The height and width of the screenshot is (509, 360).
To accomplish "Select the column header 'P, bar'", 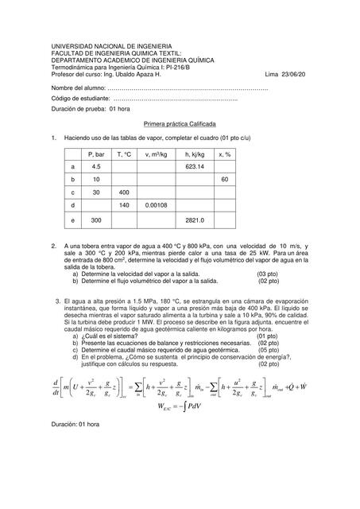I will pos(97,153).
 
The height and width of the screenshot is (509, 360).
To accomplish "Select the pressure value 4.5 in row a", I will pos(97,167).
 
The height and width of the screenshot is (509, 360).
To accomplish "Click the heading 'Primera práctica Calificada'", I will pos(180,124).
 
